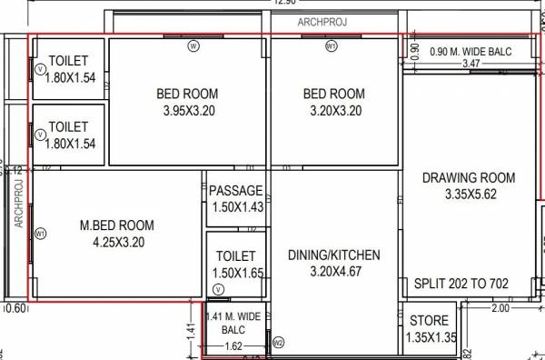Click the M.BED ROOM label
[117, 225]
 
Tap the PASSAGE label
[235, 191]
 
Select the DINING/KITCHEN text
[333, 255]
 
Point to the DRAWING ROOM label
[469, 177]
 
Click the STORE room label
[429, 321]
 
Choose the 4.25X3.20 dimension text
[118, 243]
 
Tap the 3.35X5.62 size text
[469, 195]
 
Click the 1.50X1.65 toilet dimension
[235, 273]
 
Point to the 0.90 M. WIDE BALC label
[471, 51]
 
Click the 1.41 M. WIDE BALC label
[233, 323]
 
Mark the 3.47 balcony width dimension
[471, 64]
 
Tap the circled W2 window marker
[279, 343]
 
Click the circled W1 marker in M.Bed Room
[40, 234]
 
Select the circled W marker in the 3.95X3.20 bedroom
[193, 45]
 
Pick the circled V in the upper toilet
[40, 68]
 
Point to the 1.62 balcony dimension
[233, 346]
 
